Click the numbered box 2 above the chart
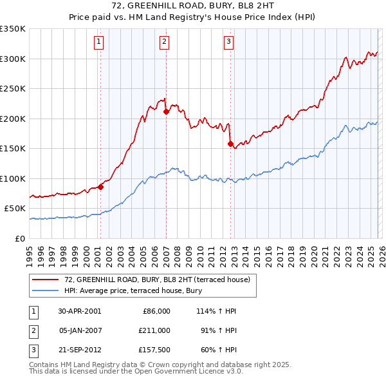(x=165, y=43)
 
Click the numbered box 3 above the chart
(x=229, y=43)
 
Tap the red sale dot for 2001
(x=101, y=187)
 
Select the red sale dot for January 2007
(x=166, y=111)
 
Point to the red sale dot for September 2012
(x=230, y=144)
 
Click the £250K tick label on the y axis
(x=13, y=89)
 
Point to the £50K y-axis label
(x=15, y=209)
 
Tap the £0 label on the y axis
(x=19, y=238)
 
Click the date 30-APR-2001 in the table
(x=78, y=311)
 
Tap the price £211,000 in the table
(x=154, y=330)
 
